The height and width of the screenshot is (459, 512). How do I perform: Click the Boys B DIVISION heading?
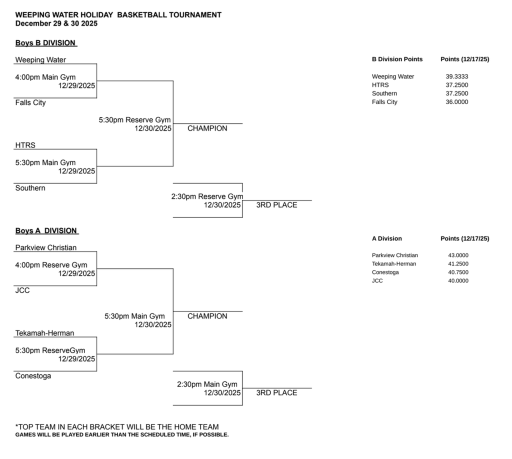pyautogui.click(x=46, y=43)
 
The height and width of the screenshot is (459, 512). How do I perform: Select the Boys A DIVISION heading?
pyautogui.click(x=46, y=230)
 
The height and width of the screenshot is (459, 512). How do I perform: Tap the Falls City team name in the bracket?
pyautogui.click(x=30, y=102)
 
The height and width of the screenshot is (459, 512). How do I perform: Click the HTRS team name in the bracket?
pyautogui.click(x=25, y=145)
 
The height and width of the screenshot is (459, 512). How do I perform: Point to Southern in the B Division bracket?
pyautogui.click(x=30, y=188)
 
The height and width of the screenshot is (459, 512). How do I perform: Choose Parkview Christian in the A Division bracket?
pyautogui.click(x=46, y=247)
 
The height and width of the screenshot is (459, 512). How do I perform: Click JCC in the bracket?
pyautogui.click(x=22, y=290)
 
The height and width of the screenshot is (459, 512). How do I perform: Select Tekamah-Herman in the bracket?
pyautogui.click(x=44, y=333)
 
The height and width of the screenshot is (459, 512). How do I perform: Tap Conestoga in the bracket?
pyautogui.click(x=33, y=375)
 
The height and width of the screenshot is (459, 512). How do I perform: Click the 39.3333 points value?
pyautogui.click(x=456, y=76)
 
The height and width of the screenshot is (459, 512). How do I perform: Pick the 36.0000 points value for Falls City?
pyautogui.click(x=456, y=102)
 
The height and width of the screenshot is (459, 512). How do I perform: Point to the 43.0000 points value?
pyautogui.click(x=458, y=255)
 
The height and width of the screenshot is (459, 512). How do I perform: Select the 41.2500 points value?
pyautogui.click(x=458, y=264)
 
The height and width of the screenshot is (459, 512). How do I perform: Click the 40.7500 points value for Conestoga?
pyautogui.click(x=458, y=272)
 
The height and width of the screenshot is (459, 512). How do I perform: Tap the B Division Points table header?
pyautogui.click(x=397, y=59)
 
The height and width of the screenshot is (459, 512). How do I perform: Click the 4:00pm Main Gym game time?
pyautogui.click(x=45, y=77)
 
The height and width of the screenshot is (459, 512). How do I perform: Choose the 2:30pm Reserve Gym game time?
pyautogui.click(x=207, y=196)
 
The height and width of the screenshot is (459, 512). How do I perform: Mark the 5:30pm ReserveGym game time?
pyautogui.click(x=50, y=350)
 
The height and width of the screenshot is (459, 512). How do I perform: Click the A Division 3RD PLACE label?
pyautogui.click(x=276, y=392)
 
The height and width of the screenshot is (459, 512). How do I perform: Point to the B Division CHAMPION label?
pyautogui.click(x=207, y=128)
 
